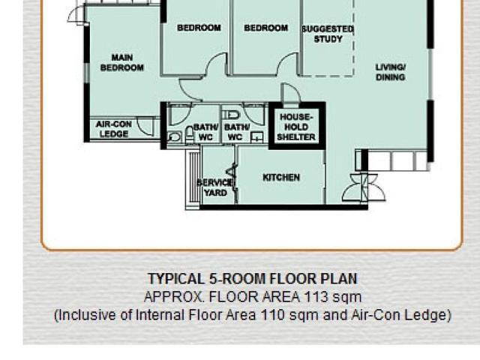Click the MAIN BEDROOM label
(x=122, y=62)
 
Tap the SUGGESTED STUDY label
(x=328, y=34)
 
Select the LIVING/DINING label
(x=390, y=72)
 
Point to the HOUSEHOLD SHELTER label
(x=296, y=127)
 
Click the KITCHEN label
(x=281, y=178)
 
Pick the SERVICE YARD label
(x=215, y=187)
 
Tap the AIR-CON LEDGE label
(x=114, y=129)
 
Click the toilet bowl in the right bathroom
(x=230, y=115)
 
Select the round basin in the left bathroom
(x=174, y=136)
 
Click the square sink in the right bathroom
(x=256, y=138)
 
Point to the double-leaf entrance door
(x=364, y=187)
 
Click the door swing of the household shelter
(x=291, y=93)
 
